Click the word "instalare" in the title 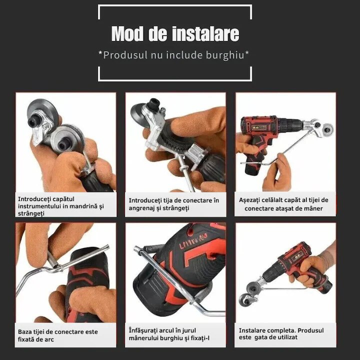pyautogui.click(x=205, y=34)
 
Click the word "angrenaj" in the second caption pyautogui.click(x=143, y=208)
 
